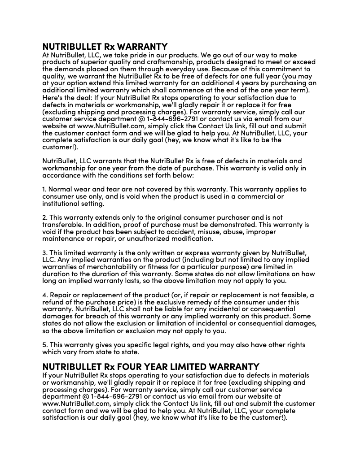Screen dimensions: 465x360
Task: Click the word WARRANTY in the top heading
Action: pos(142,47)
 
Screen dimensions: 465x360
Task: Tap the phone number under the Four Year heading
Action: pos(117,396)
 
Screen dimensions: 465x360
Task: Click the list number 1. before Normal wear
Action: pos(44,189)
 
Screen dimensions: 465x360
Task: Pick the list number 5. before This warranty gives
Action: pos(44,345)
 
